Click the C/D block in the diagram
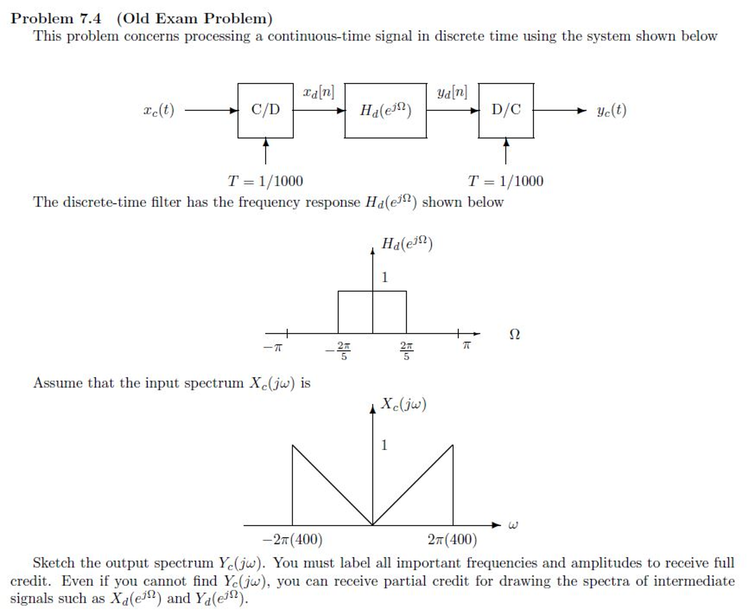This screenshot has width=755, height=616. click(265, 110)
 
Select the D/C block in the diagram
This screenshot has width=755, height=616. click(506, 110)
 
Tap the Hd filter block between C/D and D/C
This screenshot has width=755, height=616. click(386, 110)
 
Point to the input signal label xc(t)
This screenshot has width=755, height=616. click(159, 110)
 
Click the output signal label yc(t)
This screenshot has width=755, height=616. click(611, 110)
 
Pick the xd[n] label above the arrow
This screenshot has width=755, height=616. click(318, 92)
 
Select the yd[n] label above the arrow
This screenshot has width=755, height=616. click(452, 92)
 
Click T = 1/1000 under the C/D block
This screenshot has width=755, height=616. click(265, 181)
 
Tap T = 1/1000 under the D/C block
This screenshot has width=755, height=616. click(506, 181)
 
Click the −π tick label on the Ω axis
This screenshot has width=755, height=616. click(272, 347)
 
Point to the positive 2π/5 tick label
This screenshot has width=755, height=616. click(406, 351)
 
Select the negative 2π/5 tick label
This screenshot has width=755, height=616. click(338, 351)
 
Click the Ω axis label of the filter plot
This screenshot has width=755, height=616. click(514, 334)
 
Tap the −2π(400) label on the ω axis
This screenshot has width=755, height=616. click(292, 540)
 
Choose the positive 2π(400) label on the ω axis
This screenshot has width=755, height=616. click(452, 540)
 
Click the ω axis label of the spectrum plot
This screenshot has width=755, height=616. click(513, 525)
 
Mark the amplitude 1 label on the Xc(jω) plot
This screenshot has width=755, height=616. click(384, 445)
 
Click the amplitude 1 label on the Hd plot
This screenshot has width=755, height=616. click(385, 277)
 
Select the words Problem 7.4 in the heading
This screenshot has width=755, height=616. click(56, 18)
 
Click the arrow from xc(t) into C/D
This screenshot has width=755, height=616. click(211, 110)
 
